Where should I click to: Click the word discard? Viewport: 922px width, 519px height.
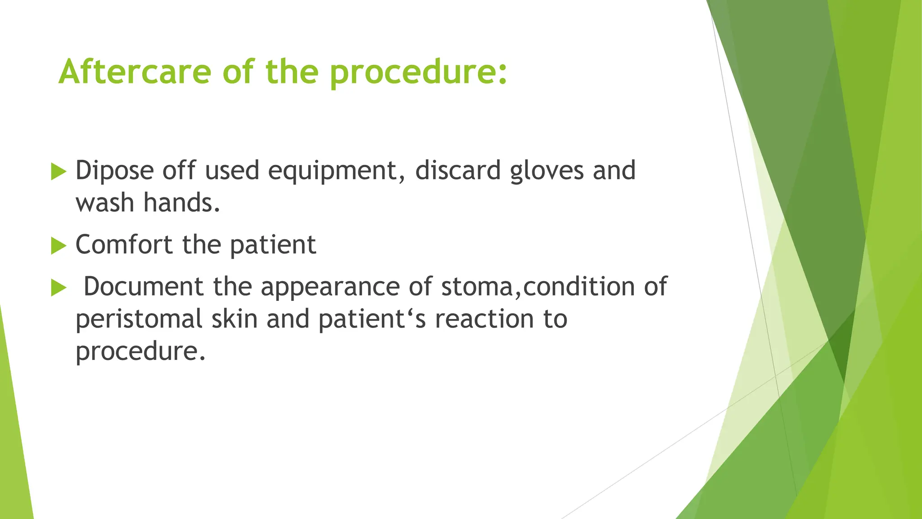point(457,170)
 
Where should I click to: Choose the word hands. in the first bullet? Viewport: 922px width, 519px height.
point(182,203)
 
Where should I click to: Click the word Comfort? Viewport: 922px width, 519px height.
point(124,245)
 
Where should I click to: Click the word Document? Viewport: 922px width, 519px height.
point(144,287)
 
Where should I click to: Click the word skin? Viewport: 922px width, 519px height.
point(235,319)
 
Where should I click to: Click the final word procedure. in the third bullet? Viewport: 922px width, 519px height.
point(140,352)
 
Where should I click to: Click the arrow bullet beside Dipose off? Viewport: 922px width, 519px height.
point(59,172)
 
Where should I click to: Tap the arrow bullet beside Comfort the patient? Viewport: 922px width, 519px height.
point(59,246)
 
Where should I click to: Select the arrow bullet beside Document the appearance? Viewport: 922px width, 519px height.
point(59,287)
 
